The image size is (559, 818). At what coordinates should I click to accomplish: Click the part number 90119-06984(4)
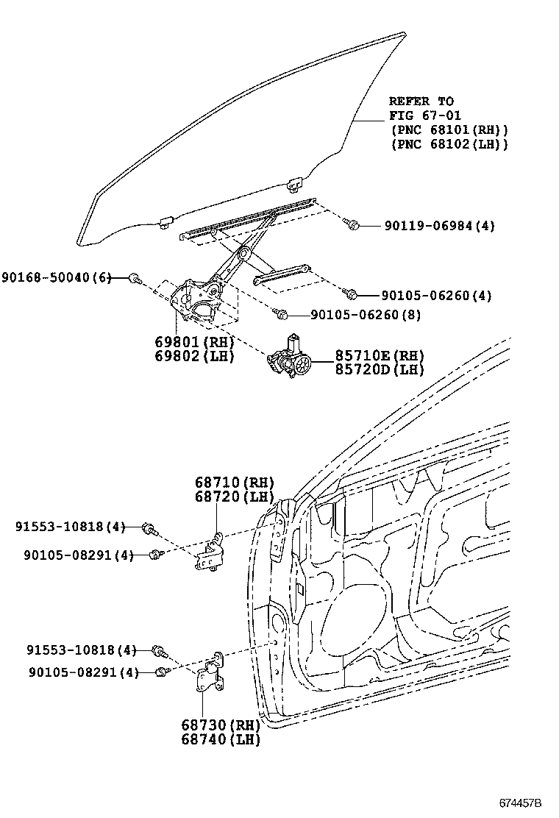[x=438, y=226]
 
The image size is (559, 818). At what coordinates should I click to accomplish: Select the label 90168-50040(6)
[x=56, y=277]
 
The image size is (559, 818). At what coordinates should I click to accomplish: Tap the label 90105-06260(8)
[x=366, y=315]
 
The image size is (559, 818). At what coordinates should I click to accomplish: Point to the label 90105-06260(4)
[x=437, y=296]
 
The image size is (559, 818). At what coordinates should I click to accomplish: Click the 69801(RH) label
[x=193, y=343]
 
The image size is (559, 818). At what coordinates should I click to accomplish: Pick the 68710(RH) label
[x=234, y=483]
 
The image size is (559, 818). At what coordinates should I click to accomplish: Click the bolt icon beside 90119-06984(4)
[x=353, y=224]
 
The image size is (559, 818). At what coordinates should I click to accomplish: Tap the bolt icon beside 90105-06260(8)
[x=281, y=314]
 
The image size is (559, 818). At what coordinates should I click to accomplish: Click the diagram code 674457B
[x=519, y=803]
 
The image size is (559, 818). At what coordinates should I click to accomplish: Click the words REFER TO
[x=421, y=102]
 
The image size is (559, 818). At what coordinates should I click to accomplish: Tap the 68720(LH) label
[x=234, y=497]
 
